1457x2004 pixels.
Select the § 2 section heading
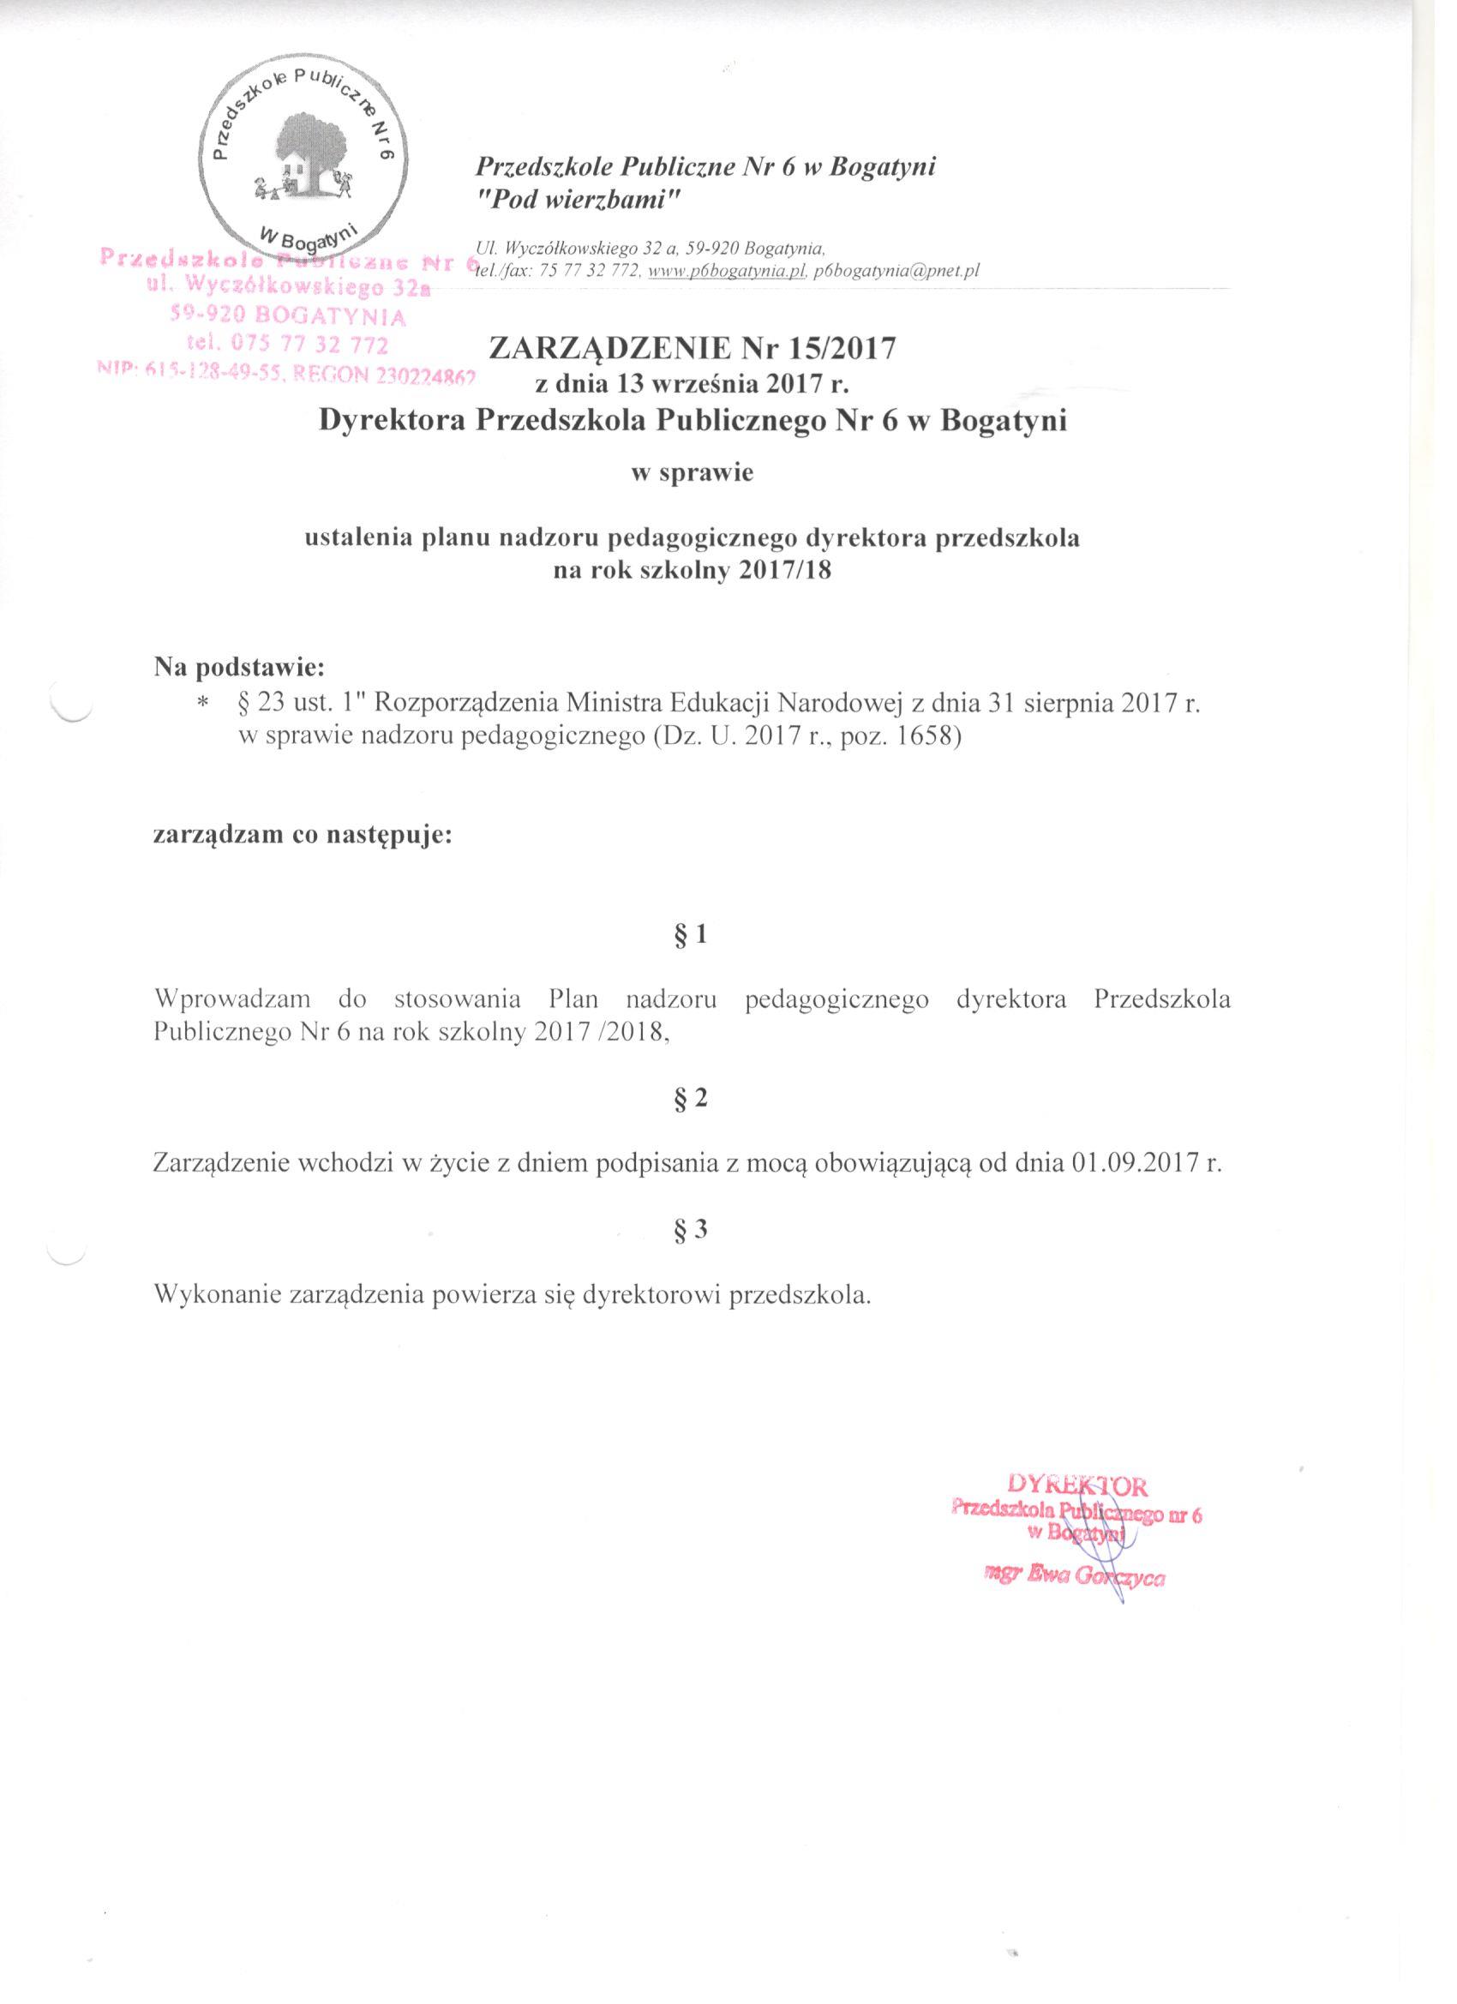690,1098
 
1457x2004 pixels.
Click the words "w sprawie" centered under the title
690,473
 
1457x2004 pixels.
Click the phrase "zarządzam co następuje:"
303,835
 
